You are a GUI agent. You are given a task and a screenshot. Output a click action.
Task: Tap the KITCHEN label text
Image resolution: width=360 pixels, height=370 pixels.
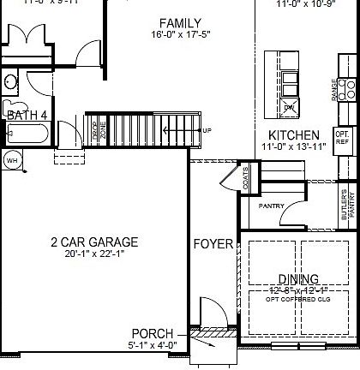click(x=294, y=135)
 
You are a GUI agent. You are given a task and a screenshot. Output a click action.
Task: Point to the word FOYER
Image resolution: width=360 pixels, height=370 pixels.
click(x=213, y=244)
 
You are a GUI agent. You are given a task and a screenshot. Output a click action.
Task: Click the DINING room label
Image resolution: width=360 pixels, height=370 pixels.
click(x=297, y=278)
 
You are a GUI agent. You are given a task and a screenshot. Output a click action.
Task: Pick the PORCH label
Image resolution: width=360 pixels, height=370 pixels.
click(x=153, y=333)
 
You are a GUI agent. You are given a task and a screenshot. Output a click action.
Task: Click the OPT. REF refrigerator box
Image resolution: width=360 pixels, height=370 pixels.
click(x=343, y=137)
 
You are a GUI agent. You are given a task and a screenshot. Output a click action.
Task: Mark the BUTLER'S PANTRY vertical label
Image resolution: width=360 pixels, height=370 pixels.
click(x=345, y=206)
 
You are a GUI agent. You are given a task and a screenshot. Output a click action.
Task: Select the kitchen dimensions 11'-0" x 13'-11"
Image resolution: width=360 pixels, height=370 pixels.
click(x=294, y=147)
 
